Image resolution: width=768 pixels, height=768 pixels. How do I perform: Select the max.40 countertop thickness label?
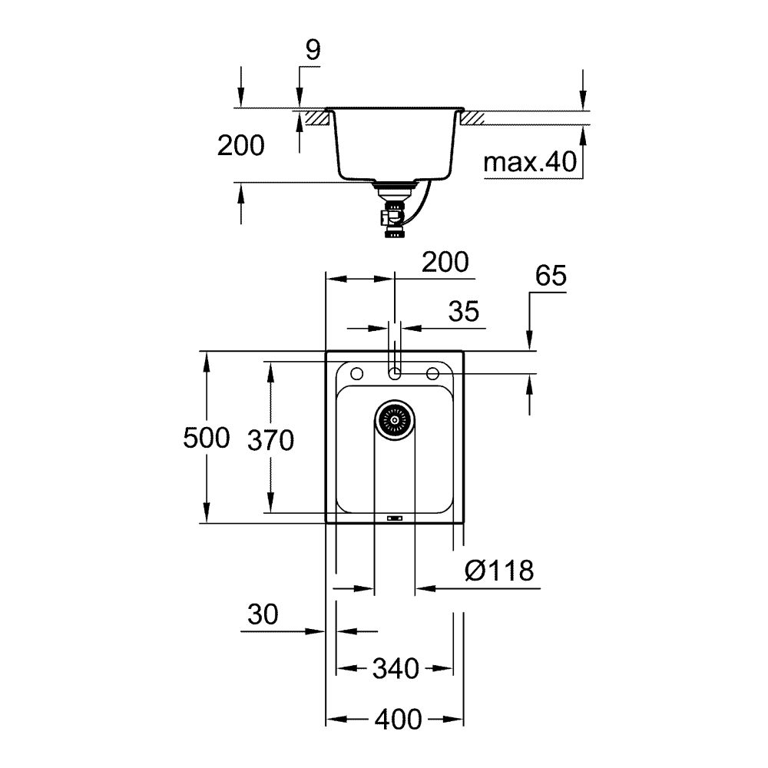530,162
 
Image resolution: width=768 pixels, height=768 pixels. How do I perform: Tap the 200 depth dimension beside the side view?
240,145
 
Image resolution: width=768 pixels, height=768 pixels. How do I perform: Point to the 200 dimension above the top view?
445,263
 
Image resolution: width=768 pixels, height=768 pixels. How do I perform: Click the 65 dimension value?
550,276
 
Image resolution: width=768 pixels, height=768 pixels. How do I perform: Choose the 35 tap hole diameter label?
463,311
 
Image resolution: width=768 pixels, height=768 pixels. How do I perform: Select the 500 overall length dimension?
207,438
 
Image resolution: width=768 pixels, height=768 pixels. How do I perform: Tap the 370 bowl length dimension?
270,440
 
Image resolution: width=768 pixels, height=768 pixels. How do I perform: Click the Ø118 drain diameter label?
499,571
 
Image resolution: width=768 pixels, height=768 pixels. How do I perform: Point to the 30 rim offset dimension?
263,614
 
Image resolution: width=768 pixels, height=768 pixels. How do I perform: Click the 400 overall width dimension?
398,720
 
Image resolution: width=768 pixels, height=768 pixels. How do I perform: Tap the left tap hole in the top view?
356,374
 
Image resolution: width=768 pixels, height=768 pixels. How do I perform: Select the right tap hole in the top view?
432,374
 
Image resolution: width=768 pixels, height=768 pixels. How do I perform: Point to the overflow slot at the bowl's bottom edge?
395,517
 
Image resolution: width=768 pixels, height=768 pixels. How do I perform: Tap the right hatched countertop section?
472,118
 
